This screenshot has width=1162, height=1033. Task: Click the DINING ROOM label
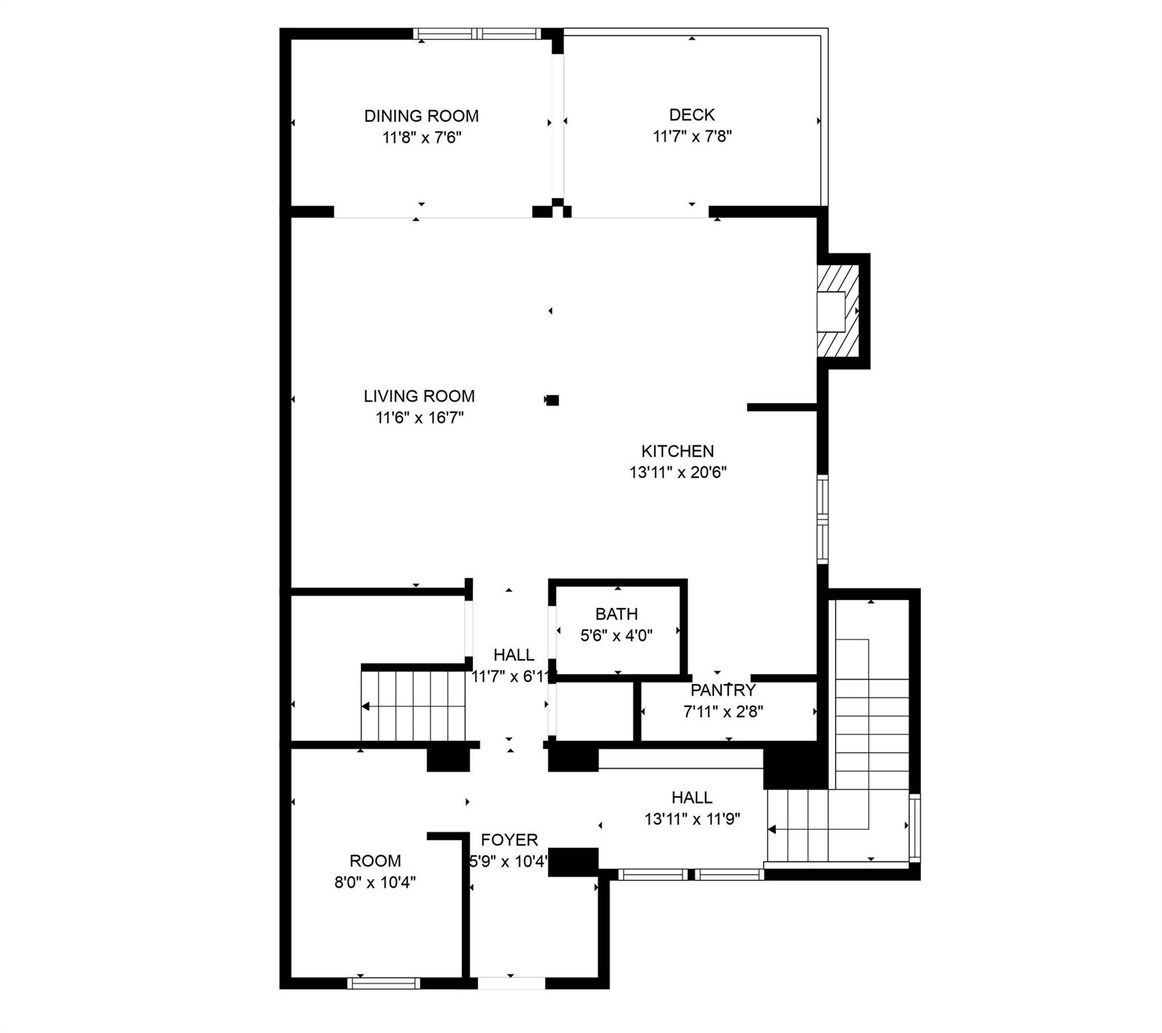(x=421, y=116)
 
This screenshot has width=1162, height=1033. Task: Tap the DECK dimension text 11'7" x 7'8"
(x=692, y=137)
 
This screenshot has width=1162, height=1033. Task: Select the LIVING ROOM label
(x=419, y=396)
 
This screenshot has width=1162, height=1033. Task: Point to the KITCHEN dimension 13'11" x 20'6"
(x=678, y=472)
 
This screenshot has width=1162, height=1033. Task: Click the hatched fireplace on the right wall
(x=838, y=311)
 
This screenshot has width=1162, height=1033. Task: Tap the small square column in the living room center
(x=552, y=400)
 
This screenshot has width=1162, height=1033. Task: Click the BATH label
(x=616, y=613)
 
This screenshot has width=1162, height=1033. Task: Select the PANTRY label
(x=723, y=690)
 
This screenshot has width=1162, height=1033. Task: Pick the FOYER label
(x=509, y=839)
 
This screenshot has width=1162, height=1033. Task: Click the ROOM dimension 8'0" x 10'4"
(x=375, y=882)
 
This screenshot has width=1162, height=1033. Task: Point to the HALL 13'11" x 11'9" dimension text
(x=692, y=819)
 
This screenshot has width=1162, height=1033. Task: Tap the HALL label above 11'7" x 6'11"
(x=514, y=654)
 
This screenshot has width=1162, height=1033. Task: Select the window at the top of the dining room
(x=477, y=34)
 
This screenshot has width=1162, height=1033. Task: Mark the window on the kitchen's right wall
(x=822, y=519)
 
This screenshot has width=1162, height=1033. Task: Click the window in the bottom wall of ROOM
(x=384, y=983)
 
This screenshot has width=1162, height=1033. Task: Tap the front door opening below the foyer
(x=511, y=983)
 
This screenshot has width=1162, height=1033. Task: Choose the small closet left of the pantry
(x=593, y=712)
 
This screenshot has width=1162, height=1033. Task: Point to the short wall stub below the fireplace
(x=782, y=407)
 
